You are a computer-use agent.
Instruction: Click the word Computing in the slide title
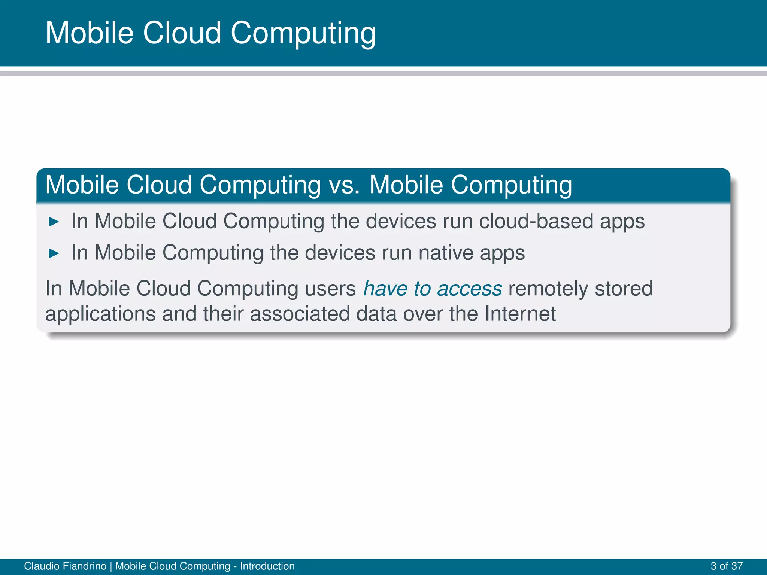pos(303,34)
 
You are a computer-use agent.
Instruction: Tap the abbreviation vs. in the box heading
pos(344,185)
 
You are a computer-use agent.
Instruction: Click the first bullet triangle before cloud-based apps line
pos(54,222)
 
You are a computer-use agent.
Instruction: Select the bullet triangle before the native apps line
pos(54,253)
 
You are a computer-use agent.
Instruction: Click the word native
pos(446,253)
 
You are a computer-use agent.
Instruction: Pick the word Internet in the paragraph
pos(520,314)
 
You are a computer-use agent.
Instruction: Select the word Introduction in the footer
pos(267,566)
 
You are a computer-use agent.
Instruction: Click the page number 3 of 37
pos(726,566)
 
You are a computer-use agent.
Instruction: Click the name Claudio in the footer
pos(41,566)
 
